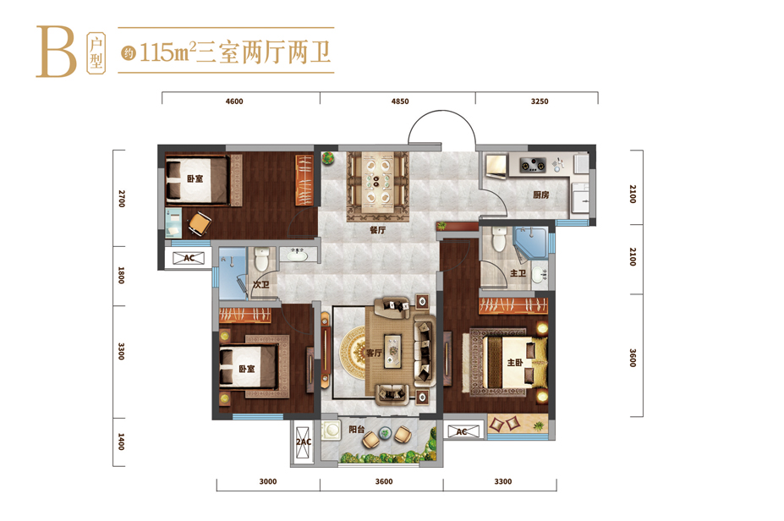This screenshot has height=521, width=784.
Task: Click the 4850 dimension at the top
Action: point(399,101)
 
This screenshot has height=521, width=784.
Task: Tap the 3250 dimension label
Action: point(540,101)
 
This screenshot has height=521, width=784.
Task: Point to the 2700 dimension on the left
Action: point(122,199)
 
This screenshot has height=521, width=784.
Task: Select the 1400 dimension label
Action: point(121,441)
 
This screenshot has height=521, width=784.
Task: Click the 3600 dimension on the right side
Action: point(633,358)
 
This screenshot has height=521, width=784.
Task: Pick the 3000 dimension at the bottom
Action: point(268,481)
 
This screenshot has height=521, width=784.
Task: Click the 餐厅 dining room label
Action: point(378,230)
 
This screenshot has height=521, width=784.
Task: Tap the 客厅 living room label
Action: point(374,353)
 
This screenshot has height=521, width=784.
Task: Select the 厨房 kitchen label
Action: point(541,195)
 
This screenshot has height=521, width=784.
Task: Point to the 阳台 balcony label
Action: point(357,429)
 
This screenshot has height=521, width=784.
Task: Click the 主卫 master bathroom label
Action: point(518,273)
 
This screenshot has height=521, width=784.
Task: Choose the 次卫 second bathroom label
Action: point(261,284)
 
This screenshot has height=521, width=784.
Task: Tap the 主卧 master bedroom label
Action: point(515,363)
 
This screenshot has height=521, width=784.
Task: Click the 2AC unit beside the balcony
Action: point(304,442)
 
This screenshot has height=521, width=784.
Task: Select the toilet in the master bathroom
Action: point(500,239)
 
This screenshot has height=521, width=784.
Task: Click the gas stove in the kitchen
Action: point(533,164)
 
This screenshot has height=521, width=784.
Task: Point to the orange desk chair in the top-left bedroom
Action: point(200,223)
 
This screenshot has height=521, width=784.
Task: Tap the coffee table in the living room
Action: point(393,351)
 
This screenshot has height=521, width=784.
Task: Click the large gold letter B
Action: point(56,52)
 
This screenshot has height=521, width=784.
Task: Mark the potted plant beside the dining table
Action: point(328,158)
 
